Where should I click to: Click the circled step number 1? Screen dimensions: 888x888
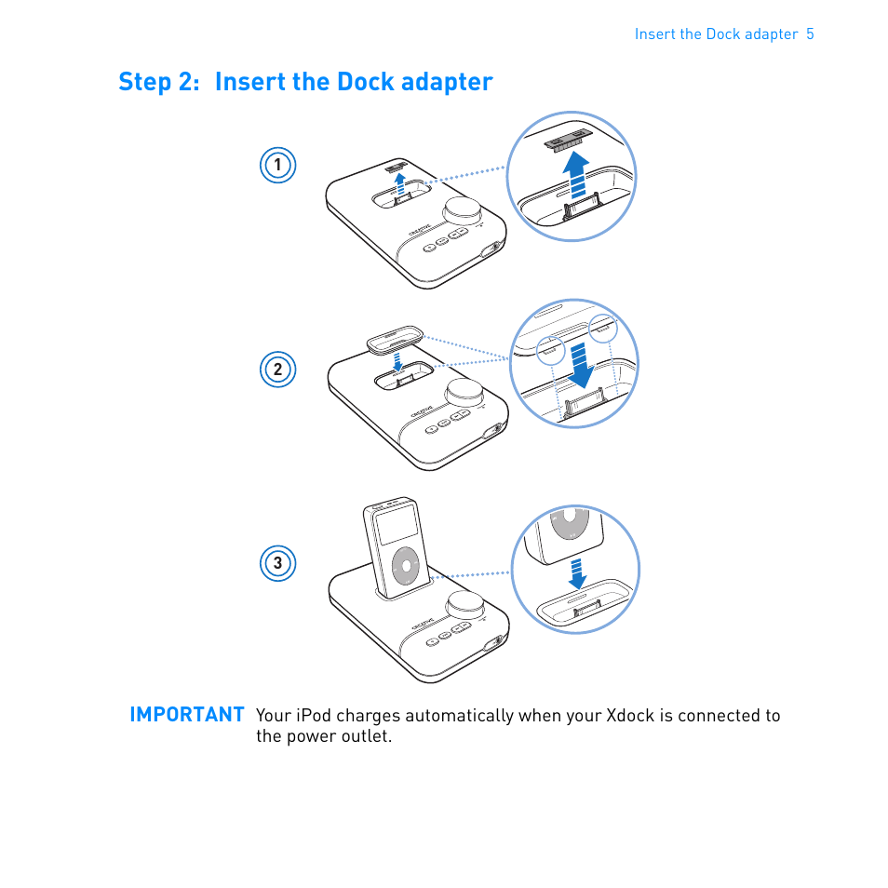pos(277,165)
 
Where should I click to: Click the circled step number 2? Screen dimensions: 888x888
pos(277,370)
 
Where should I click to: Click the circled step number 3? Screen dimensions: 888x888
pos(277,563)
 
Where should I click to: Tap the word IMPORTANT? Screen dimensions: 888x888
pos(187,715)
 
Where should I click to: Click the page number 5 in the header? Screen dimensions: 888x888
pos(810,34)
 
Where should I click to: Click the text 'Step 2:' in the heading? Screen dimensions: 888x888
pos(159,82)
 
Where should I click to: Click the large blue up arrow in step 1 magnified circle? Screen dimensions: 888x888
pos(576,174)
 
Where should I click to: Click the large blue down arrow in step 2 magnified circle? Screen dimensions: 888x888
pos(581,365)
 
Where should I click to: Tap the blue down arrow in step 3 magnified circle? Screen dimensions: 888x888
pos(576,574)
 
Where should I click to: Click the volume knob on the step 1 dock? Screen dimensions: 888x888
pos(464,211)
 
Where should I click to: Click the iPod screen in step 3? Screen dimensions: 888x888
pos(397,526)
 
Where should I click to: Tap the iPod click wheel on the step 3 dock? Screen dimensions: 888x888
pos(406,566)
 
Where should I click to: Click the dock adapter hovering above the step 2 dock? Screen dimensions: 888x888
pos(396,339)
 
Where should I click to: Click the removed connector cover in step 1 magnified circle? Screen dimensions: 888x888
pos(569,141)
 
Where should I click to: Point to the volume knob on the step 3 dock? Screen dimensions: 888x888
pos(465,605)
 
